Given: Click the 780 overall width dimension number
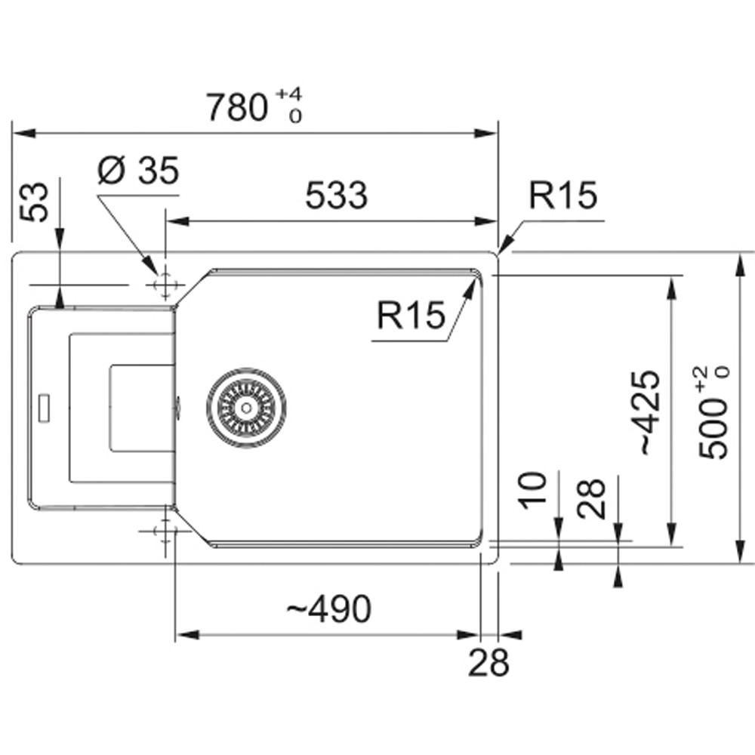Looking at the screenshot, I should pos(236,108).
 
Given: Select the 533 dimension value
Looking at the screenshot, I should pos(336,196).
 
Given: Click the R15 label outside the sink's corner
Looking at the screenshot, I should pos(562,196).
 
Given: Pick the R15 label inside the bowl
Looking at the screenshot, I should pos(411,316).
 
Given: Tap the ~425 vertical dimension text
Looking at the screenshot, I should pos(649,411).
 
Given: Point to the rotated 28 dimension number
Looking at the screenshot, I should pos(592,498).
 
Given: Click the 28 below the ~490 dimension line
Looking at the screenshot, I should pos(488,664).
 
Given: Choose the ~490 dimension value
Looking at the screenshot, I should pos(330,609).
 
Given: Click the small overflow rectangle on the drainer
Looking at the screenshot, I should pos(44,406).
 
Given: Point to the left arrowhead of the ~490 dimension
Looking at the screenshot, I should pos(186,635).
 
